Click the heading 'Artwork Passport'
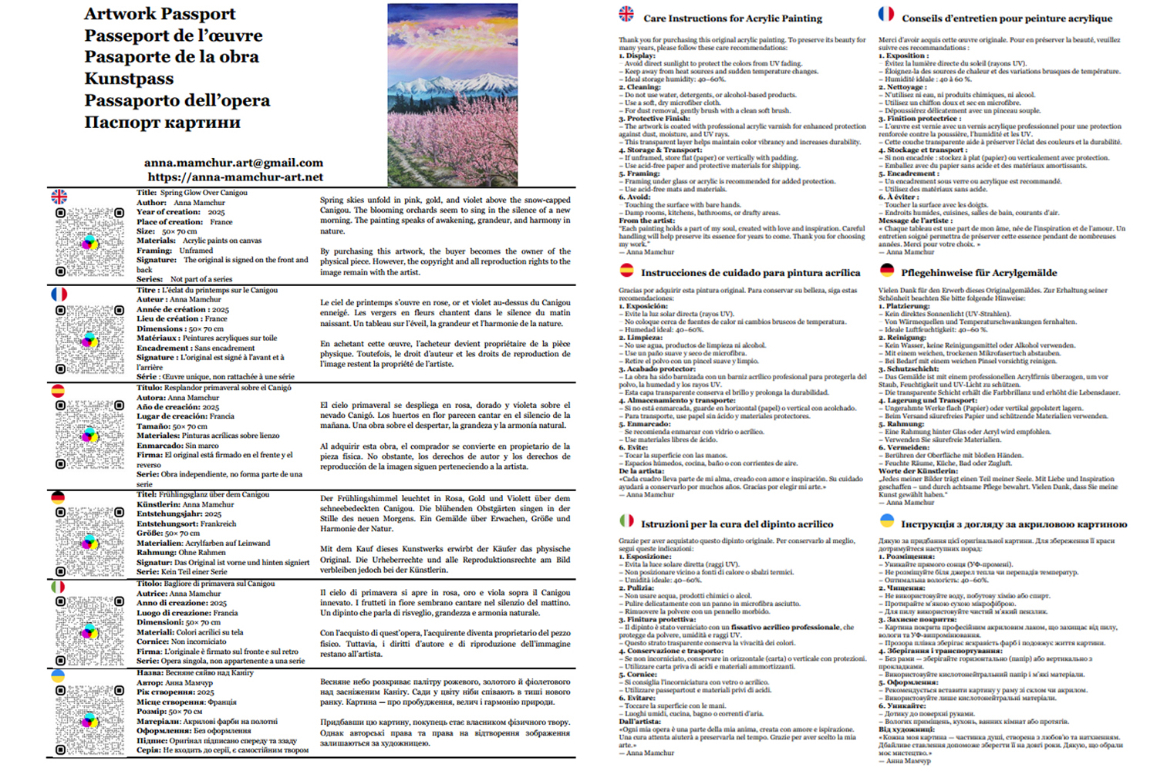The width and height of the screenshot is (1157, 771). (160, 14)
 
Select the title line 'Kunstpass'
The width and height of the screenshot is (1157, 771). (129, 79)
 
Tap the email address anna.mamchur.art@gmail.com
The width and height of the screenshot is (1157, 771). (233, 163)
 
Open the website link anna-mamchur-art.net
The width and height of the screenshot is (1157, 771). (235, 177)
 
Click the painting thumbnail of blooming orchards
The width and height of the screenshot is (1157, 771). (452, 94)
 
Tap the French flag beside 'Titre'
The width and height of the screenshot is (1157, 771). (59, 294)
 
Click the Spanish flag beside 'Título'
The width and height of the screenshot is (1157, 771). (58, 390)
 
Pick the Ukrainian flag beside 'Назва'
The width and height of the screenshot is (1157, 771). (58, 675)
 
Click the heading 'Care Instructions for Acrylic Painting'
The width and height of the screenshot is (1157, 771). (732, 19)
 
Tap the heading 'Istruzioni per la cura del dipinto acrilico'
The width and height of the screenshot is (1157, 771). (737, 524)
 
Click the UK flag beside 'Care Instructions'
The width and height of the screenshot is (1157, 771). (626, 14)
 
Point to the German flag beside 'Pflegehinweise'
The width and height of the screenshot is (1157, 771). (887, 270)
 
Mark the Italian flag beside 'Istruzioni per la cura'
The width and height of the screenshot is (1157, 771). (627, 521)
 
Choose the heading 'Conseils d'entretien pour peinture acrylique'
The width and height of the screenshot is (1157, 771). (1007, 19)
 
